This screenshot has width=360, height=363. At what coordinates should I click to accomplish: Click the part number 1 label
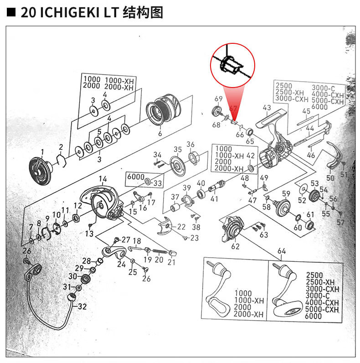pos(42,152)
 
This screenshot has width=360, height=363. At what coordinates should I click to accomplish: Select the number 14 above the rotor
pos(103,179)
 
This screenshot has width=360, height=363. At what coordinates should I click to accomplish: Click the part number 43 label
pos(267,108)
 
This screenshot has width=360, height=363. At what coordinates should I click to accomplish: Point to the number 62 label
pos(235,247)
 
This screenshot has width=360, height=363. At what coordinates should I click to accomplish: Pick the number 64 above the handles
pos(281,251)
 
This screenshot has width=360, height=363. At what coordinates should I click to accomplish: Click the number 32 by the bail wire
pos(82,307)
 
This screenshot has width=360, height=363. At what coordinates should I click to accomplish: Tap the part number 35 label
pos(178,149)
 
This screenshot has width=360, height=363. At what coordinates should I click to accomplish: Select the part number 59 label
pos(286,193)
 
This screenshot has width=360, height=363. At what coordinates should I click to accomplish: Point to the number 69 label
pos(218,99)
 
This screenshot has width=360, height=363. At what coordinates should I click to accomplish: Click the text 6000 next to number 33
pos(136,177)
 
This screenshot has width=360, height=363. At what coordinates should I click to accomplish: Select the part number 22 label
pos(181,227)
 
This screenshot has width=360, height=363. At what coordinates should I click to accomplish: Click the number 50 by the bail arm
pos(330,178)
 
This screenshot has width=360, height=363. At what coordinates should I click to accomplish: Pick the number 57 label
pos(340,222)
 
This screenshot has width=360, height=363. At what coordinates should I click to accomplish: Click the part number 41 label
pos(214,199)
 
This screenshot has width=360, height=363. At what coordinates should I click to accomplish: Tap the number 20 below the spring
pos(159,259)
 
